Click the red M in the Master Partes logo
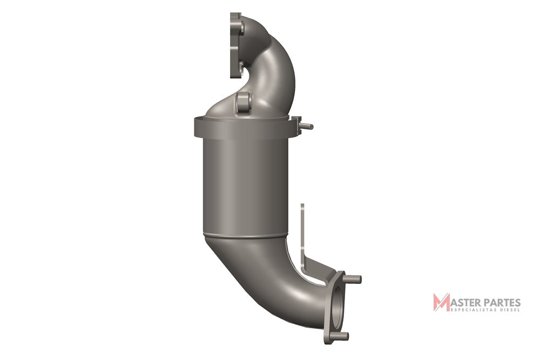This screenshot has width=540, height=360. (x=441, y=302)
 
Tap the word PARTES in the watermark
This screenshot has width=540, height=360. (x=502, y=303)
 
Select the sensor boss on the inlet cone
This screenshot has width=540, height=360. (x=244, y=102)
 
